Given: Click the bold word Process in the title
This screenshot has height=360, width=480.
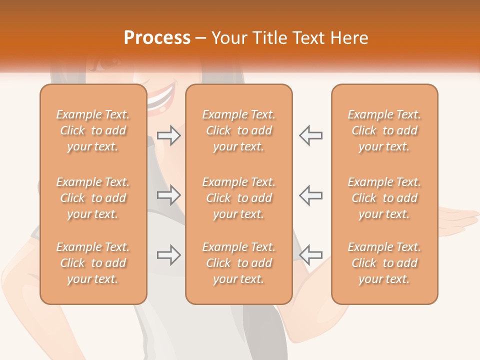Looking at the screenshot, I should click(x=157, y=38).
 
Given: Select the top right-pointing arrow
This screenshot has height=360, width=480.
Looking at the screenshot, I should click(x=169, y=135).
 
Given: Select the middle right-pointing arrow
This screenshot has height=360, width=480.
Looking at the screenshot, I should click(x=169, y=195).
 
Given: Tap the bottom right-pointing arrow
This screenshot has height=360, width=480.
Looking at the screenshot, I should click(x=169, y=255).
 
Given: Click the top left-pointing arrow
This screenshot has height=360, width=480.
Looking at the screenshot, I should click(x=310, y=135).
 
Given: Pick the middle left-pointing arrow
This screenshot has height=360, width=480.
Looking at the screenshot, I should click(x=310, y=195).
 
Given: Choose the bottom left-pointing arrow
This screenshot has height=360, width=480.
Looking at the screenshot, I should click(x=310, y=255).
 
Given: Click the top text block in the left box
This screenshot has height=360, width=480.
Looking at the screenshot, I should click(x=93, y=130).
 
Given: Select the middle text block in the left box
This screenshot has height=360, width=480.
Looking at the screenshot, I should click(x=93, y=198).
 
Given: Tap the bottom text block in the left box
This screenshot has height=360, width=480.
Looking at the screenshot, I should click(x=93, y=263).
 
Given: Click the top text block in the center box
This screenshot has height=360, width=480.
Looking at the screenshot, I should click(x=238, y=130).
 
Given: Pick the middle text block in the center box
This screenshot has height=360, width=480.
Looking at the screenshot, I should click(x=238, y=198).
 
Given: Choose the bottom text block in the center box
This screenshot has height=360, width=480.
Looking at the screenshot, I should click(x=238, y=263).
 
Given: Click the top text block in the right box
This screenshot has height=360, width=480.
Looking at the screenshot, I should click(x=384, y=130).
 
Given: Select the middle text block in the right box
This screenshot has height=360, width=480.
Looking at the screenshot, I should click(x=384, y=198).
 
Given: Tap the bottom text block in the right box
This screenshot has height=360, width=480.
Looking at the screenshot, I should click(x=384, y=263).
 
